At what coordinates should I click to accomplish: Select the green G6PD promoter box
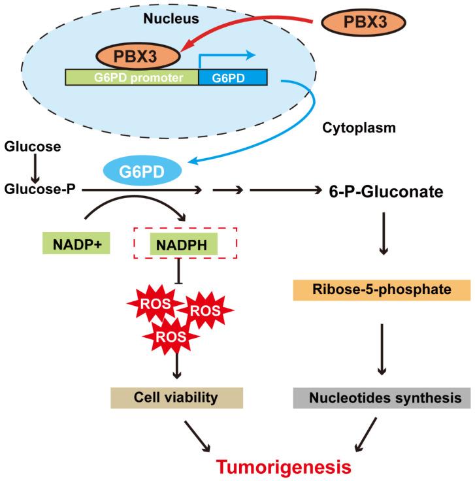pos(131,78)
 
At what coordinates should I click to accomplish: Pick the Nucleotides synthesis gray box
pos(381,397)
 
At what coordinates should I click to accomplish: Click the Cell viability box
pos(176,397)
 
